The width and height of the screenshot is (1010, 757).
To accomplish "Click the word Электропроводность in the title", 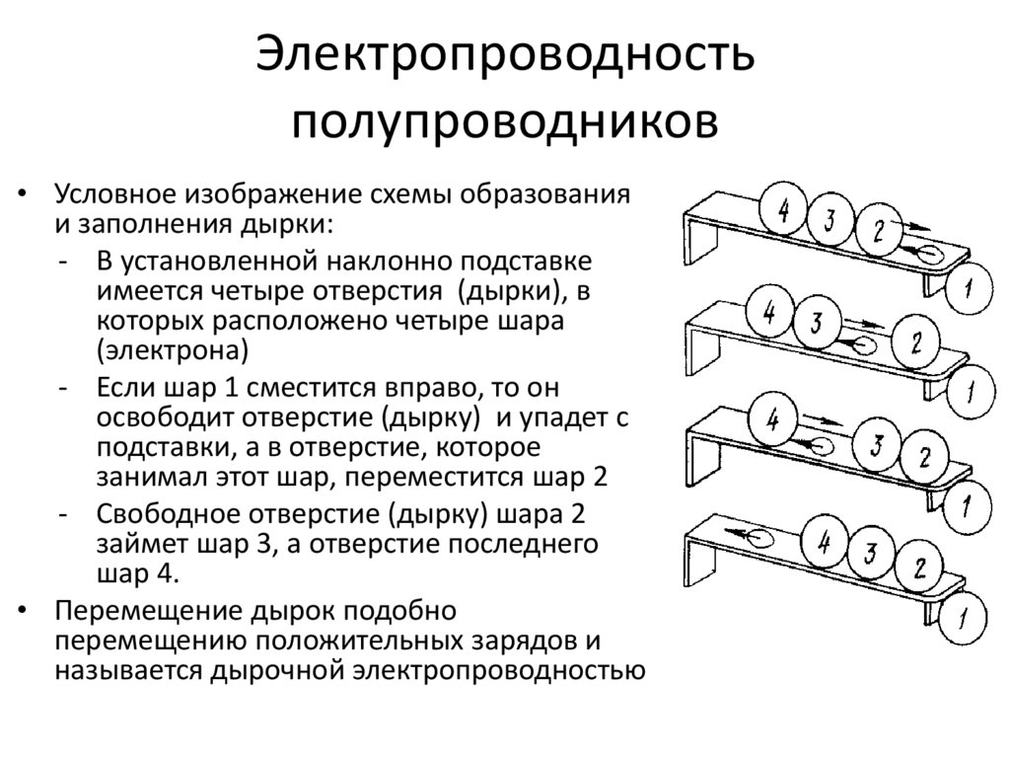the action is [x=505, y=59].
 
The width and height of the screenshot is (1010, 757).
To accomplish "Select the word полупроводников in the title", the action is [x=505, y=124].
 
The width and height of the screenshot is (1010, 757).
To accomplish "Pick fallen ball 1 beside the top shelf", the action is [x=971, y=287].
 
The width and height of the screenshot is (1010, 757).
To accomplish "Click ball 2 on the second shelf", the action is [x=916, y=343].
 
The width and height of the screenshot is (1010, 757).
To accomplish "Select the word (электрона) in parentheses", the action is [x=171, y=349].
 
